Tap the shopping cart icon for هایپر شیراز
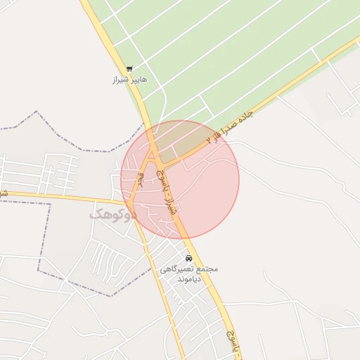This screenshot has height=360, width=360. coord(129,69)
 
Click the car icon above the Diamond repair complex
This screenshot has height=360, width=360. coord(188,257)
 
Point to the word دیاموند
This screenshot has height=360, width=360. coord(189,279)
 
